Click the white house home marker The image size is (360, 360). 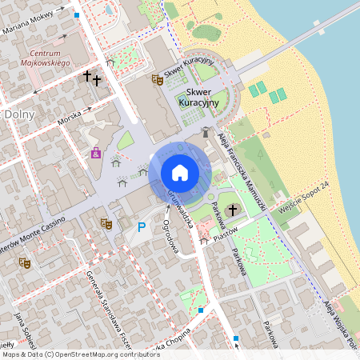click(180, 171)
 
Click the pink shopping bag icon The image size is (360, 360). click(96, 153)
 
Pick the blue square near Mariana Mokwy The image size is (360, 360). click(77, 15)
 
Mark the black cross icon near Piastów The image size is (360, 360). click(233, 210)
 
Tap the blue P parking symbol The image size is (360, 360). click(142, 227)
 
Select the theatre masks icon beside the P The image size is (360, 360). click(106, 224)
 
